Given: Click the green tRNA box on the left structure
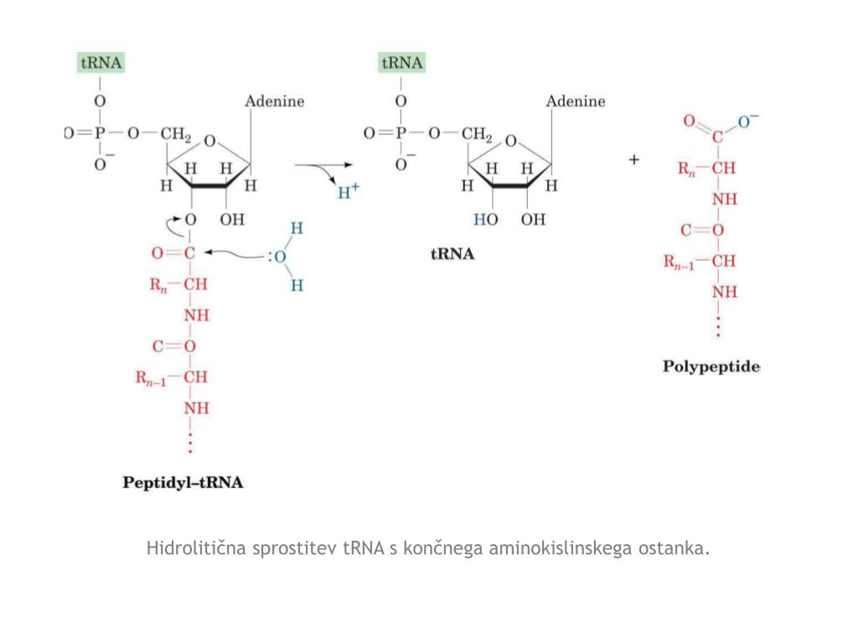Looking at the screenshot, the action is [101, 63].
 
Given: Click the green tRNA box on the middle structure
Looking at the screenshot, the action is [402, 63].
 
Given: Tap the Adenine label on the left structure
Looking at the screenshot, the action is [274, 101].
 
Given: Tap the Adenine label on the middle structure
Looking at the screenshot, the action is [576, 101].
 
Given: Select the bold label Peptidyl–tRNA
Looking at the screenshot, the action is [183, 482].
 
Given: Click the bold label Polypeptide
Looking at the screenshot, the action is [711, 366].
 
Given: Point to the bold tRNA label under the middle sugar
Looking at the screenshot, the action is [452, 254].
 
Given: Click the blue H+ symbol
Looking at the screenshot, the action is [348, 192].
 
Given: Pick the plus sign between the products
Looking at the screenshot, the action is [634, 159].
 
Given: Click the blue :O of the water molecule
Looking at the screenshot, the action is [277, 256].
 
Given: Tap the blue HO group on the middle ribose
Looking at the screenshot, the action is [485, 220].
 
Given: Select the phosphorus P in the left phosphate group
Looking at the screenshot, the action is [101, 133].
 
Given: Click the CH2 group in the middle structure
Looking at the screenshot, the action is [476, 133].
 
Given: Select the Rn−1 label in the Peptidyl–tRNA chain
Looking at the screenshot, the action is [153, 378].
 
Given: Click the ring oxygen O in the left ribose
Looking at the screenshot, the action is [209, 141].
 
